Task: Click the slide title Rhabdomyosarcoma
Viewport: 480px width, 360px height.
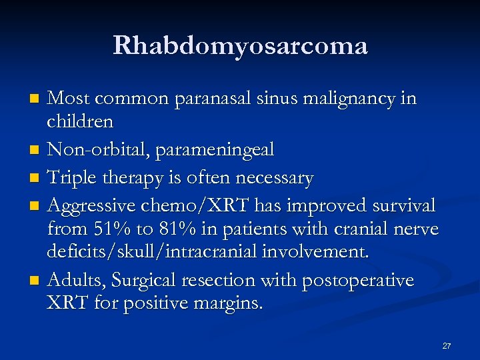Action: tap(240, 46)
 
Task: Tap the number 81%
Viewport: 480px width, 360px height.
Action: tap(175, 230)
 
